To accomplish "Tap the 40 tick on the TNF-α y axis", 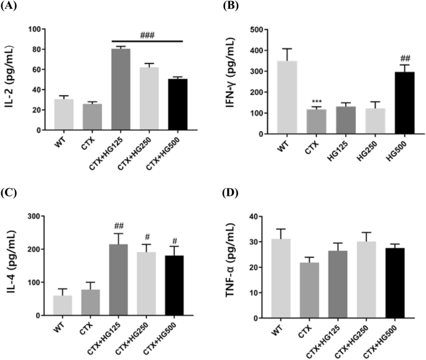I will [x=262, y=216].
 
